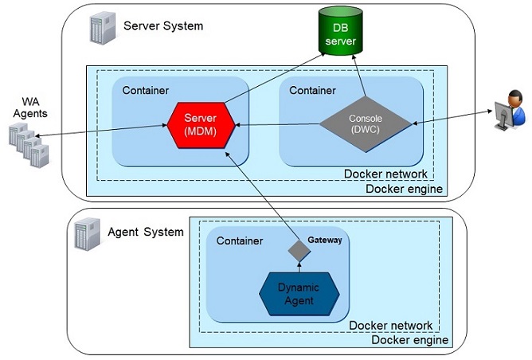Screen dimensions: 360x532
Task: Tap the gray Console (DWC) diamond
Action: pos(366,124)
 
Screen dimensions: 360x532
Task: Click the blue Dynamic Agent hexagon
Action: pos(299,295)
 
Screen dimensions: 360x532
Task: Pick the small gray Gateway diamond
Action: pos(297,251)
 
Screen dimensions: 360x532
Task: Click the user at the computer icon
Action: pos(508,112)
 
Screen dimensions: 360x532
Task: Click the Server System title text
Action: pos(163,26)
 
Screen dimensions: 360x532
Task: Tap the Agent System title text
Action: pos(146,232)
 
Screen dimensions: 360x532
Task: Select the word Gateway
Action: pos(325,240)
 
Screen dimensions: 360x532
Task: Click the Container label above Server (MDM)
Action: pos(146,89)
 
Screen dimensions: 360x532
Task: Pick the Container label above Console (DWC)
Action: pos(313,90)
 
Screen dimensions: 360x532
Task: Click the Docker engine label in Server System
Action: pos(405,189)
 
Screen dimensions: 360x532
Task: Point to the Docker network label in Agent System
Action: pos(391,325)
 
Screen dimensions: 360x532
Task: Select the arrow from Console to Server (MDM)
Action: pos(279,125)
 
